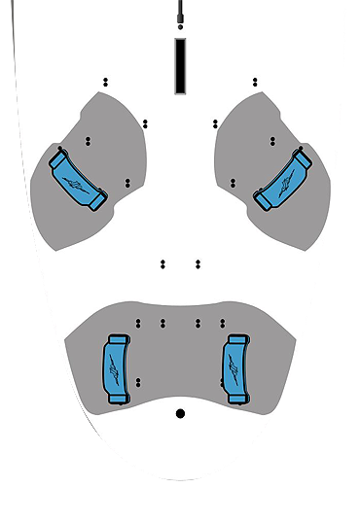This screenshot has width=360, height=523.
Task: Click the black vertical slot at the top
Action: point(180,66)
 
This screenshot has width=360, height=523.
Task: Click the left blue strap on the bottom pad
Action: point(116,367)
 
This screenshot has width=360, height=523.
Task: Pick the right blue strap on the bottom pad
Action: point(236,367)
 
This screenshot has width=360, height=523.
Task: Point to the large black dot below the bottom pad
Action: point(180,413)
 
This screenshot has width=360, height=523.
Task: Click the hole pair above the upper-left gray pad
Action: point(105,82)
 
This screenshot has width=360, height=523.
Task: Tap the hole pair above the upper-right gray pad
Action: point(255,82)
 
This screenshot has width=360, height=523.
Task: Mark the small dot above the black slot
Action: point(180,28)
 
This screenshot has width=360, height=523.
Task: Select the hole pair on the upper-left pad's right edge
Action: point(145,123)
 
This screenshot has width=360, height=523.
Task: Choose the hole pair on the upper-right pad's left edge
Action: point(215,123)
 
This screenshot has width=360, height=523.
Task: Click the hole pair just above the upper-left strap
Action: point(88,141)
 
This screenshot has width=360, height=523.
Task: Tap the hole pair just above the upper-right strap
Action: point(272,141)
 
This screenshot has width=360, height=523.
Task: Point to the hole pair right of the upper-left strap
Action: point(127,182)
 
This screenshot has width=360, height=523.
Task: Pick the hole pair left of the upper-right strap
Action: point(233,182)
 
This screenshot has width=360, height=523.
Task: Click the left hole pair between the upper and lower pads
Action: point(162,263)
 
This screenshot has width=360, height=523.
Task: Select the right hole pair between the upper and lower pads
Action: point(198,263)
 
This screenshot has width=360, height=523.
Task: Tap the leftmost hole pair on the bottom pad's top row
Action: point(139,322)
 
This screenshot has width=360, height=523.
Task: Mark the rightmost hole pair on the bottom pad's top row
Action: point(221,322)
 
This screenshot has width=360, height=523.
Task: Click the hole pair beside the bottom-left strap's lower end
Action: point(139,382)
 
